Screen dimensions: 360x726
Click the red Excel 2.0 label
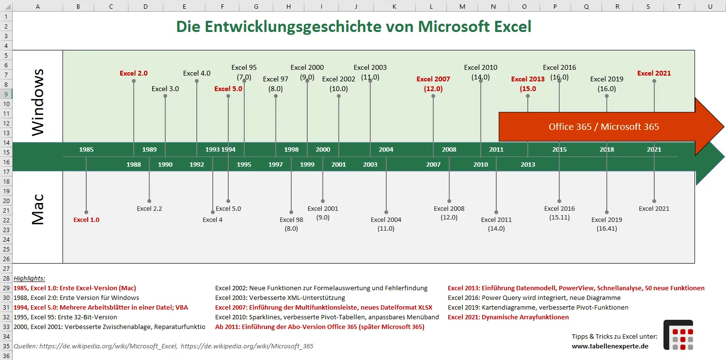[133, 74]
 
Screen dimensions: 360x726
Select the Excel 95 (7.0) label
[244, 72]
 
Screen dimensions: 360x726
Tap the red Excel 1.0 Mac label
[86, 219]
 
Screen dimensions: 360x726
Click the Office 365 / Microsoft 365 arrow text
[603, 126]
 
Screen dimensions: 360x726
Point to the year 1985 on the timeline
[86, 149]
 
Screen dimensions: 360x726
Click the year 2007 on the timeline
[433, 164]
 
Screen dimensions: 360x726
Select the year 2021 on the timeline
[654, 149]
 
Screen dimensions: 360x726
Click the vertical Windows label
[38, 102]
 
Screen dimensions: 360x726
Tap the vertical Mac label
[38, 209]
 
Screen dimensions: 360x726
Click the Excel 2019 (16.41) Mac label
[606, 224]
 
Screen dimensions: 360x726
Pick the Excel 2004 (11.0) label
[386, 224]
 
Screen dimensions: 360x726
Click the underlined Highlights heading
[29, 278]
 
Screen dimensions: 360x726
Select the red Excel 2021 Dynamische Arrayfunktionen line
[508, 317]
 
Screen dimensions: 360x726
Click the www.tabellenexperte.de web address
[610, 346]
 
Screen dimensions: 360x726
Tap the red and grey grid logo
[678, 335]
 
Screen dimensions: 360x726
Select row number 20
[6, 201]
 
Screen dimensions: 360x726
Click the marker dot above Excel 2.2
[149, 201]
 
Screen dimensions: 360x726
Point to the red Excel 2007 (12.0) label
[433, 84]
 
